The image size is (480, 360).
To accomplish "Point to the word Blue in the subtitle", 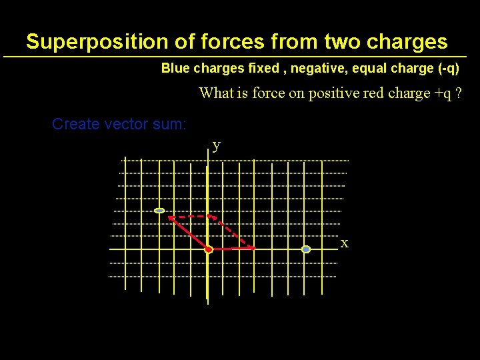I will (x=176, y=69).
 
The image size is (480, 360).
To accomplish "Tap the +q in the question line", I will (x=442, y=93).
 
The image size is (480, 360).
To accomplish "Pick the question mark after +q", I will (x=459, y=93).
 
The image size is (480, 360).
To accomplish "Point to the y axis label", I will (x=216, y=145).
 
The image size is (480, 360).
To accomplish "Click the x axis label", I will (x=344, y=243).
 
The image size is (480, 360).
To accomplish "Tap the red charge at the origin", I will (x=208, y=249).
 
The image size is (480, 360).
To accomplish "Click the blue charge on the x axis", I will (x=306, y=249).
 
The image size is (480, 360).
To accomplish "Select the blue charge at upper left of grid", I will (x=159, y=211).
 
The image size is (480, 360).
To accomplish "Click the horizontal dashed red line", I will (x=191, y=217).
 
